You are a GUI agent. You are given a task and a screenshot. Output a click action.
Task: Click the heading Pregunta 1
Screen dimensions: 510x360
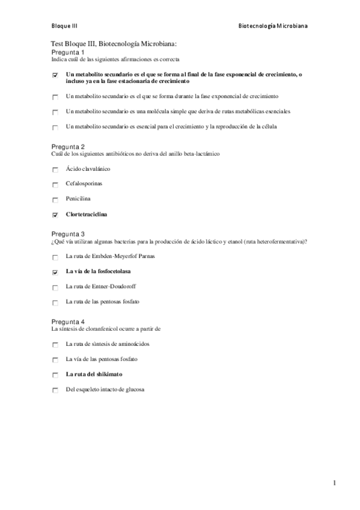68,52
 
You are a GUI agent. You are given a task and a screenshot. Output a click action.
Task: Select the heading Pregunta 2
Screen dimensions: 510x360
68,147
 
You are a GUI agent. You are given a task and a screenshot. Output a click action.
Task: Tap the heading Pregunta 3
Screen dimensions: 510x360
68,234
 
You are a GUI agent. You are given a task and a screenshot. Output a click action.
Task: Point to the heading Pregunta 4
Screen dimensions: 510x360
68,322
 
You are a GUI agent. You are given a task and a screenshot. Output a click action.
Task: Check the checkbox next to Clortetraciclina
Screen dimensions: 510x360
55,215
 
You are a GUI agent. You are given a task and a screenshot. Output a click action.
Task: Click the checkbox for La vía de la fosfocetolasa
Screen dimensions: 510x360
55,272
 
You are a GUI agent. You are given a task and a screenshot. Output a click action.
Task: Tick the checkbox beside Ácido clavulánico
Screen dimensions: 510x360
55,170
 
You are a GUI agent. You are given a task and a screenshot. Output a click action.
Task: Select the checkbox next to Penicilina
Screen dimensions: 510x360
55,200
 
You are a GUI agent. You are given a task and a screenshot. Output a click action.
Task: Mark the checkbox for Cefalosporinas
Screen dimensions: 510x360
55,185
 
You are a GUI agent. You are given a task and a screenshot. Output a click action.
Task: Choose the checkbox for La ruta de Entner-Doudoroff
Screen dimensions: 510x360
55,287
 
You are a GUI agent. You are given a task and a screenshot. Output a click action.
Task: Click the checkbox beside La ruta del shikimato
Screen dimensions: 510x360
55,375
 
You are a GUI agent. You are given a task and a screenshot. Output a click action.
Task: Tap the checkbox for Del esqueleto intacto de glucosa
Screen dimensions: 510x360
55,390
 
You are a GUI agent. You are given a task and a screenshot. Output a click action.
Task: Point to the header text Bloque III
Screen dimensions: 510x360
64,26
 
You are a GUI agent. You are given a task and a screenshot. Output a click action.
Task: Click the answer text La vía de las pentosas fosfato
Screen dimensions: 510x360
102,359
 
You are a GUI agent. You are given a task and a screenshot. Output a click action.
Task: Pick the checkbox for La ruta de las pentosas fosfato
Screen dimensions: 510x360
55,303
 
